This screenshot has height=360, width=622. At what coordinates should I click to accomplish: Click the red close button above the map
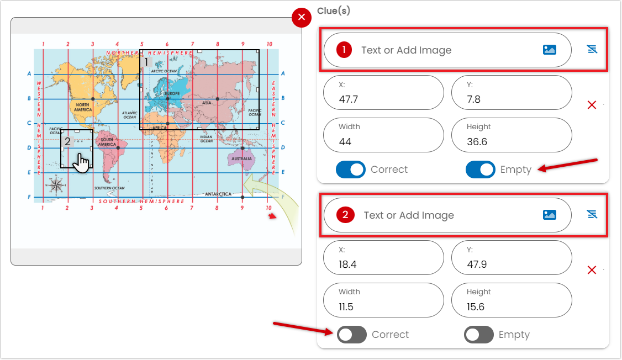pyautogui.click(x=302, y=18)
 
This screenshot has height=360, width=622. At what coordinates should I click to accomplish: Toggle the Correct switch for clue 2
pyautogui.click(x=352, y=335)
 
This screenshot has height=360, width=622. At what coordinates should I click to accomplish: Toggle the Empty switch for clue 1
pyautogui.click(x=480, y=170)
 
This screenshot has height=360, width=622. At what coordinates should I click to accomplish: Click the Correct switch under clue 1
pyautogui.click(x=351, y=170)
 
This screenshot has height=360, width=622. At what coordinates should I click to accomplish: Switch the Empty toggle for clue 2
pyautogui.click(x=478, y=335)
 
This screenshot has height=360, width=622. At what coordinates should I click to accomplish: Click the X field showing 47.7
pyautogui.click(x=383, y=93)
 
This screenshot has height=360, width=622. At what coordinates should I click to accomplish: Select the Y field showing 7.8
pyautogui.click(x=511, y=93)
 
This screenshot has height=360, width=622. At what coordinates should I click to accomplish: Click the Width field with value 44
pyautogui.click(x=383, y=135)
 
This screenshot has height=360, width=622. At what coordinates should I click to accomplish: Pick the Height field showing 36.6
pyautogui.click(x=511, y=135)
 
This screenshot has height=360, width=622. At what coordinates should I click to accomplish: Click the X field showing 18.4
pyautogui.click(x=383, y=258)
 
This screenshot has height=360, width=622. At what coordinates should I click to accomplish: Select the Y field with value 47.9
pyautogui.click(x=511, y=258)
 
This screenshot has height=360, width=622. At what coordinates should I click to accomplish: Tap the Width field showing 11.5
pyautogui.click(x=383, y=300)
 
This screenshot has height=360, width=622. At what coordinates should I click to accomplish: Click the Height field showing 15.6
pyautogui.click(x=511, y=300)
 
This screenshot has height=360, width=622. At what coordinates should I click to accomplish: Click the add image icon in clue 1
pyautogui.click(x=549, y=50)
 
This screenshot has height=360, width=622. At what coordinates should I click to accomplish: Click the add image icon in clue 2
pyautogui.click(x=549, y=215)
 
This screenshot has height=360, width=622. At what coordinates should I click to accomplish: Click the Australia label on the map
pyautogui.click(x=241, y=158)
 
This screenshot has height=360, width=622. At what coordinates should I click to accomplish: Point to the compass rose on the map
pyautogui.click(x=56, y=185)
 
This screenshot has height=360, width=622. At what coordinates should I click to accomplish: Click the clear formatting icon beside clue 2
pyautogui.click(x=592, y=215)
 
